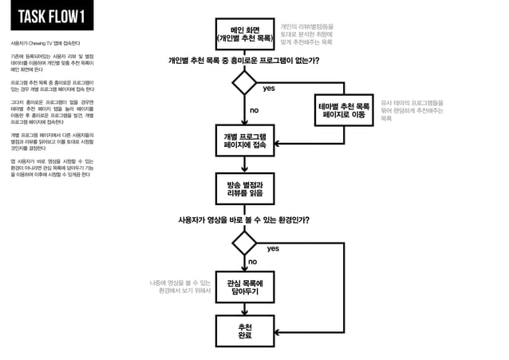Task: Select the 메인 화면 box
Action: [243, 34]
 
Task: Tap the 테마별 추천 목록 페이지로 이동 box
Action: [344, 110]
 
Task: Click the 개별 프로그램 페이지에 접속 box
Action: [244, 140]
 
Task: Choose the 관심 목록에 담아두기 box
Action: [244, 286]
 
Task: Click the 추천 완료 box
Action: [244, 330]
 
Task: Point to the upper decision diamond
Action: [244, 82]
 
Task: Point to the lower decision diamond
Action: [244, 243]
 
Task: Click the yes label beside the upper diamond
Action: [269, 88]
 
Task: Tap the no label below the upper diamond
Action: [254, 109]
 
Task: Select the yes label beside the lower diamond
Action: [273, 249]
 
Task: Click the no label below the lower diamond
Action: [252, 262]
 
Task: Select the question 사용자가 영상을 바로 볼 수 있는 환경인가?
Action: [243, 219]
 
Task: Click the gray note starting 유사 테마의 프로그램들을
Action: [412, 110]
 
